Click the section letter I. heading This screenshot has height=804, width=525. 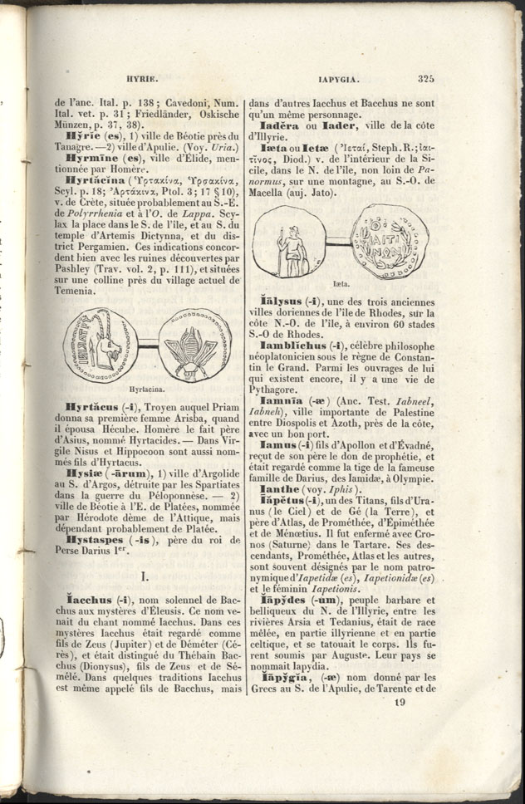click(x=146, y=575)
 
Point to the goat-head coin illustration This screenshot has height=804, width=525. click(x=101, y=345)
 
